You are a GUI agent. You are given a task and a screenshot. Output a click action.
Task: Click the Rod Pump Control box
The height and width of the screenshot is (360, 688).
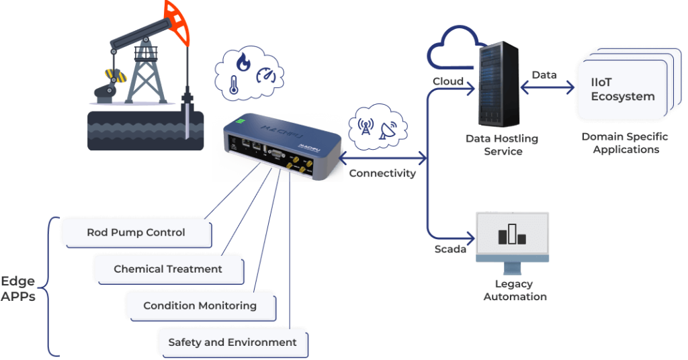tap(136, 233)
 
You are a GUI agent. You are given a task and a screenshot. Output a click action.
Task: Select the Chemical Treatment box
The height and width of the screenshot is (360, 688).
tap(168, 269)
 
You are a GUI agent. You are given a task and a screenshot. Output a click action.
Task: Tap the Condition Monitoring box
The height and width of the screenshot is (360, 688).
tap(200, 306)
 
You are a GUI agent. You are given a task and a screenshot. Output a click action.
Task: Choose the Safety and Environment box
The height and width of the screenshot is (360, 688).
tap(232, 342)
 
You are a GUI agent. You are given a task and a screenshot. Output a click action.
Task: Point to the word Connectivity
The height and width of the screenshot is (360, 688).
tap(382, 173)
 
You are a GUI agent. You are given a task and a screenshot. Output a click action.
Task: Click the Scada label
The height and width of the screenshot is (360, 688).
tap(449, 249)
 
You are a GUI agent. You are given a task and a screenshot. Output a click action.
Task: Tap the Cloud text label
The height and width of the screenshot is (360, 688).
tap(447, 81)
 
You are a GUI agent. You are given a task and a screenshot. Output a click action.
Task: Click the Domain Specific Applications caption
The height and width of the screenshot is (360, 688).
tap(624, 143)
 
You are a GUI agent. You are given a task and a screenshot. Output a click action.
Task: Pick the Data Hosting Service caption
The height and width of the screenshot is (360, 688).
tap(503, 145)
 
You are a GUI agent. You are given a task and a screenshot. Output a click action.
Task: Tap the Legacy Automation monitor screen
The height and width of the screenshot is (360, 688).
tap(512, 235)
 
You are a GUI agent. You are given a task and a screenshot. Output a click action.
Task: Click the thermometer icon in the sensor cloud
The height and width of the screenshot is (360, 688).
tap(232, 85)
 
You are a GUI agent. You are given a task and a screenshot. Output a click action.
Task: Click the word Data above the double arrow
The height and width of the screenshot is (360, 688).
tap(544, 75)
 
